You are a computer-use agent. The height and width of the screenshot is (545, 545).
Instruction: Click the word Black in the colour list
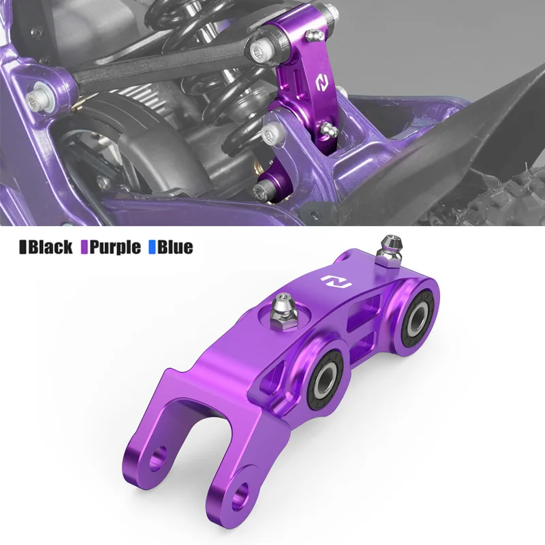(50, 247)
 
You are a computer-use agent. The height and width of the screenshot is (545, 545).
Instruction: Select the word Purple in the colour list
(114, 247)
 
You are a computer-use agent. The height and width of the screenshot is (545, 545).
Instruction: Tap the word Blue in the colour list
(175, 247)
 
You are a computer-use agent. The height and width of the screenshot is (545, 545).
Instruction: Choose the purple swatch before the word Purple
(84, 247)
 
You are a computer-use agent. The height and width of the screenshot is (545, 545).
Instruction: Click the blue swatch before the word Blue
(152, 247)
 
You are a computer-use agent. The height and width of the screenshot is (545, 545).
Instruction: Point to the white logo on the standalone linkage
(336, 281)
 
